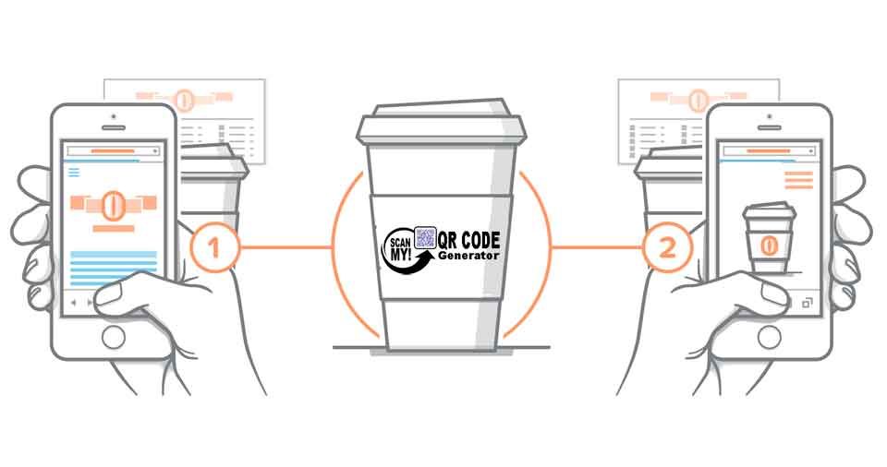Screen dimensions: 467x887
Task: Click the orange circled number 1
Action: coord(215,247)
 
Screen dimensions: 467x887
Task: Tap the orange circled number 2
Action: coord(668,247)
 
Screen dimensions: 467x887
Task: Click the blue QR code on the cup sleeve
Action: coord(426,237)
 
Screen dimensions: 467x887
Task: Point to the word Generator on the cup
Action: coord(469,256)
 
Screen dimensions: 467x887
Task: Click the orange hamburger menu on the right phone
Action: coord(798,179)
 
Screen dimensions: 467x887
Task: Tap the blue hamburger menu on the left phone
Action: coord(75,172)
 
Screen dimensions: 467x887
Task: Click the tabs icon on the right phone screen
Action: coord(807,302)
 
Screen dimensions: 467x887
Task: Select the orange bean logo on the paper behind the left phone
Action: coord(186,96)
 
